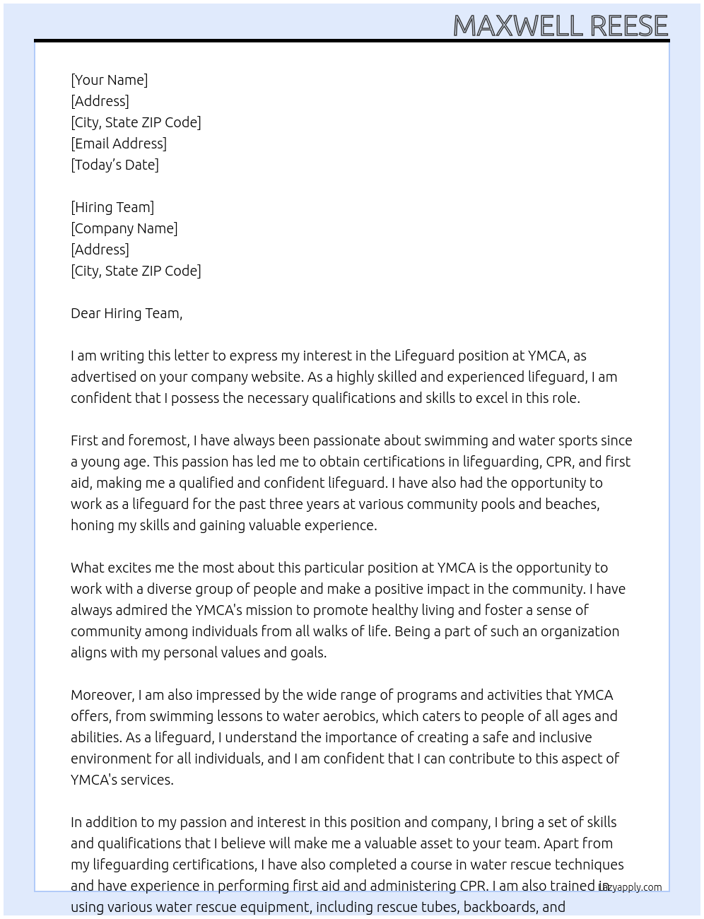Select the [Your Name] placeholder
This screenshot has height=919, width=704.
110,80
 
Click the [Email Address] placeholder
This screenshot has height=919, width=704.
119,144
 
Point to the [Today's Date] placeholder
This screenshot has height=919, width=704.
115,165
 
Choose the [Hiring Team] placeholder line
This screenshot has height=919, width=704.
112,207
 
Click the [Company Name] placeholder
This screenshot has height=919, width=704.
124,228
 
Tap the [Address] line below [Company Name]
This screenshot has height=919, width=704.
100,250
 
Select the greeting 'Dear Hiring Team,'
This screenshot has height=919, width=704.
127,313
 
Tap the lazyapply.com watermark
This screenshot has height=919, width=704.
630,887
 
